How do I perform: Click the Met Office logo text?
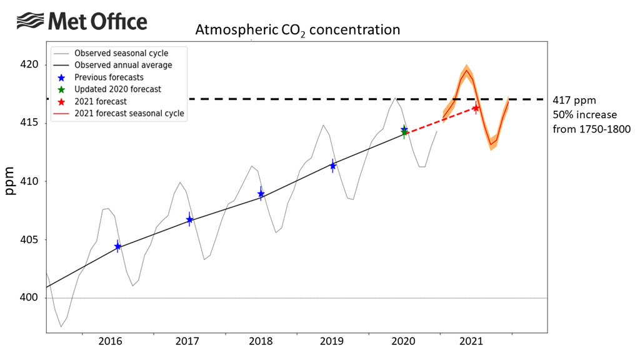(x=97, y=22)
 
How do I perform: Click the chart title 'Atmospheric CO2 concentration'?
(x=297, y=30)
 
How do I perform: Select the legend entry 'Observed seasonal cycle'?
(x=121, y=53)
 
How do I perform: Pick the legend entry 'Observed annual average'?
(x=123, y=65)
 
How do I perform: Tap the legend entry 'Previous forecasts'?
(x=109, y=77)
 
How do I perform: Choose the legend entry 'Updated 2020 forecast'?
(x=117, y=89)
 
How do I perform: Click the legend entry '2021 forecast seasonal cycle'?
(x=129, y=113)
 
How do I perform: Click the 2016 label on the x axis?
(x=110, y=342)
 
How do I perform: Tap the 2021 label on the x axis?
(x=470, y=342)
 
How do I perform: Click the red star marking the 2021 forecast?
(x=476, y=109)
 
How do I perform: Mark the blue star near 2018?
(x=261, y=194)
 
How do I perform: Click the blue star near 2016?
(x=117, y=247)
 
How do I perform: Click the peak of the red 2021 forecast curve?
(x=466, y=70)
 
